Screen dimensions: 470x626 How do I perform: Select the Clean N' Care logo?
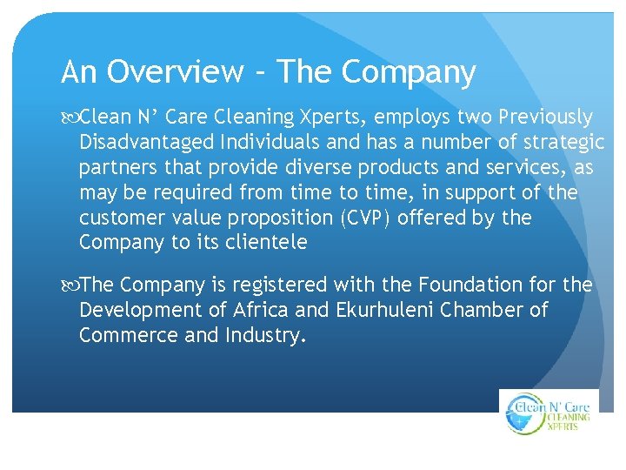(549, 413)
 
